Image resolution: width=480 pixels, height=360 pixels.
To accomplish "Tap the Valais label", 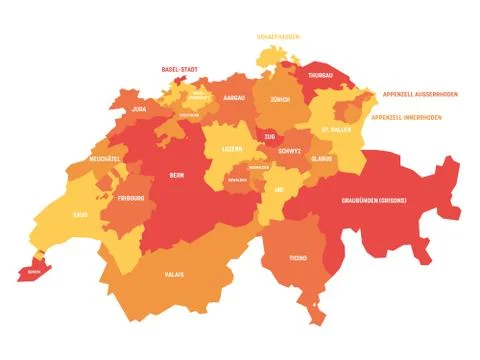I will point(175,273).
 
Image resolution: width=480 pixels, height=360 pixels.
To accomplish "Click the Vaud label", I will point(80,214).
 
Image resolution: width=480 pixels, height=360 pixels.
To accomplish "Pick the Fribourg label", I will point(130,198).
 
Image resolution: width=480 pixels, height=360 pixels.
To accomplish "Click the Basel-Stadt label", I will point(180,70).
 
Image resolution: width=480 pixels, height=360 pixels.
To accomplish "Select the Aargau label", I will point(234,98).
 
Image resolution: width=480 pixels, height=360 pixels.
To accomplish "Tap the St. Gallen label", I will point(336,130).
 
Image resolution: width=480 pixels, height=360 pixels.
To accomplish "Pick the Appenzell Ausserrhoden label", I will point(421,95).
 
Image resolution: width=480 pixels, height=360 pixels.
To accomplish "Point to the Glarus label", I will point(320,158).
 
